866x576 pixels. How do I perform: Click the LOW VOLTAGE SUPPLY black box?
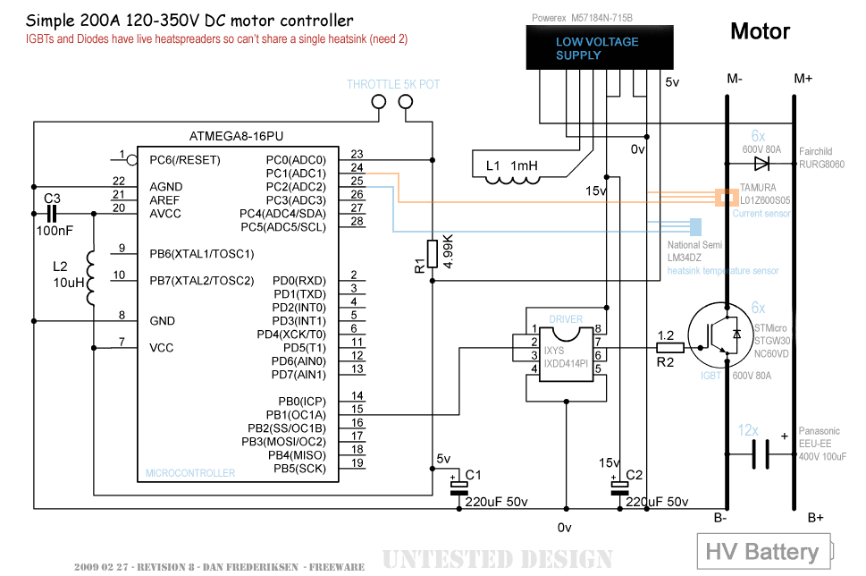click(x=600, y=47)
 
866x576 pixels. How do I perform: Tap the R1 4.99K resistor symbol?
click(x=433, y=254)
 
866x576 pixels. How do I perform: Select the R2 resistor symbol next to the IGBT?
click(x=670, y=348)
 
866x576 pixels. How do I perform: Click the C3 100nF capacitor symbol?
click(x=51, y=214)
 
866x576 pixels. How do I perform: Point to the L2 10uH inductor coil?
click(x=90, y=278)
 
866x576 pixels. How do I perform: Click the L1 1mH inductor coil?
click(x=512, y=180)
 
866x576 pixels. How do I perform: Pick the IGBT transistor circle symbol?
click(x=720, y=335)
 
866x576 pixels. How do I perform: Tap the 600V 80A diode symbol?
click(x=761, y=164)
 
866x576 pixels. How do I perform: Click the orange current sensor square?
click(x=727, y=198)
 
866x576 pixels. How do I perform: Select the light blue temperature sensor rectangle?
click(x=696, y=227)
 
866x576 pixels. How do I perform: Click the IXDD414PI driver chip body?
click(x=566, y=354)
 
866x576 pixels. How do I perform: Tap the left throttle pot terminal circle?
click(x=379, y=102)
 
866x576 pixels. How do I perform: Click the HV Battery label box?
click(x=764, y=551)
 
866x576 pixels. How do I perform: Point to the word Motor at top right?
click(x=760, y=31)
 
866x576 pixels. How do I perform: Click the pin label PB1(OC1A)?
click(x=296, y=415)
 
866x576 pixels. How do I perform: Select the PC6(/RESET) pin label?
click(x=185, y=160)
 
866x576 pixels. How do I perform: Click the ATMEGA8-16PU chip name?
click(x=236, y=136)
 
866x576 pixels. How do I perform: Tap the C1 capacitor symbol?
click(x=459, y=488)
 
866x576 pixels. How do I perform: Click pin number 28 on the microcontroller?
click(x=357, y=221)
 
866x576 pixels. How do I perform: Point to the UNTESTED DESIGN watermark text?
click(x=497, y=559)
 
